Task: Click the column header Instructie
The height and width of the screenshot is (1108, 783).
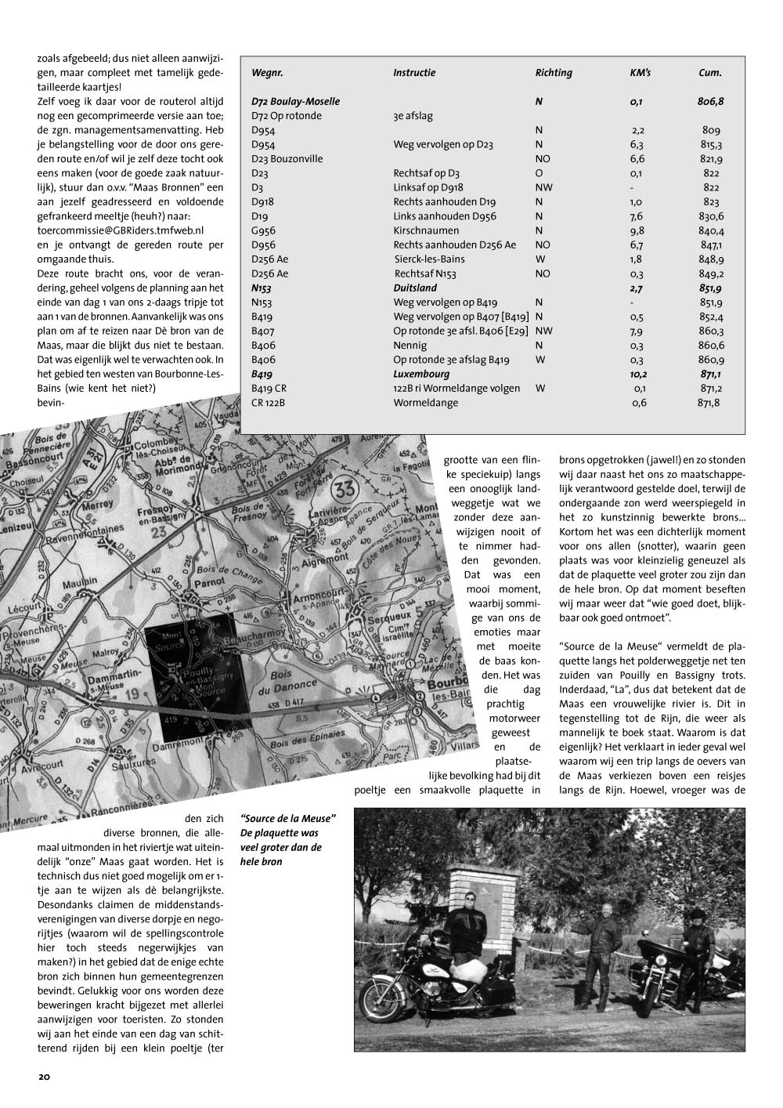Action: tap(414, 73)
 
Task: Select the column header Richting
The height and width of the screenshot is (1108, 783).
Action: tap(554, 73)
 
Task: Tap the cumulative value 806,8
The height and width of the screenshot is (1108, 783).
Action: tap(710, 102)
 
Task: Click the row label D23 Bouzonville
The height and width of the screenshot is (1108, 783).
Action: tap(287, 159)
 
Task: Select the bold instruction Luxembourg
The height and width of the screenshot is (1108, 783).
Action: tap(420, 374)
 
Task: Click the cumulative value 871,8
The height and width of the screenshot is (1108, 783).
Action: tap(709, 403)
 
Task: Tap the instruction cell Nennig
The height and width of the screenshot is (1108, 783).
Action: tap(410, 345)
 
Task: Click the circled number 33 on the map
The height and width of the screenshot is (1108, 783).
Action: tap(342, 493)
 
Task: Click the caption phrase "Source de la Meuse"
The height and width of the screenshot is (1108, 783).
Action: tap(289, 819)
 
